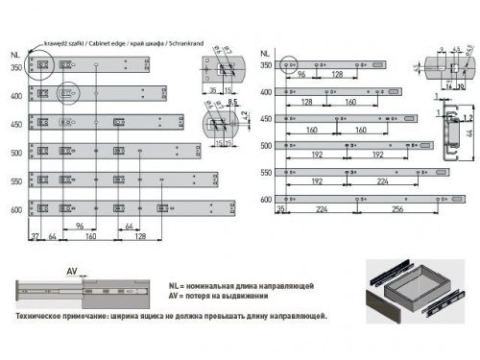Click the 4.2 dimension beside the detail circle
coord(244,122)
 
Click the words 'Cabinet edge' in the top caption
coord(113,44)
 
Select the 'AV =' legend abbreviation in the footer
coord(175,300)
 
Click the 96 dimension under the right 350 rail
coord(301,74)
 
